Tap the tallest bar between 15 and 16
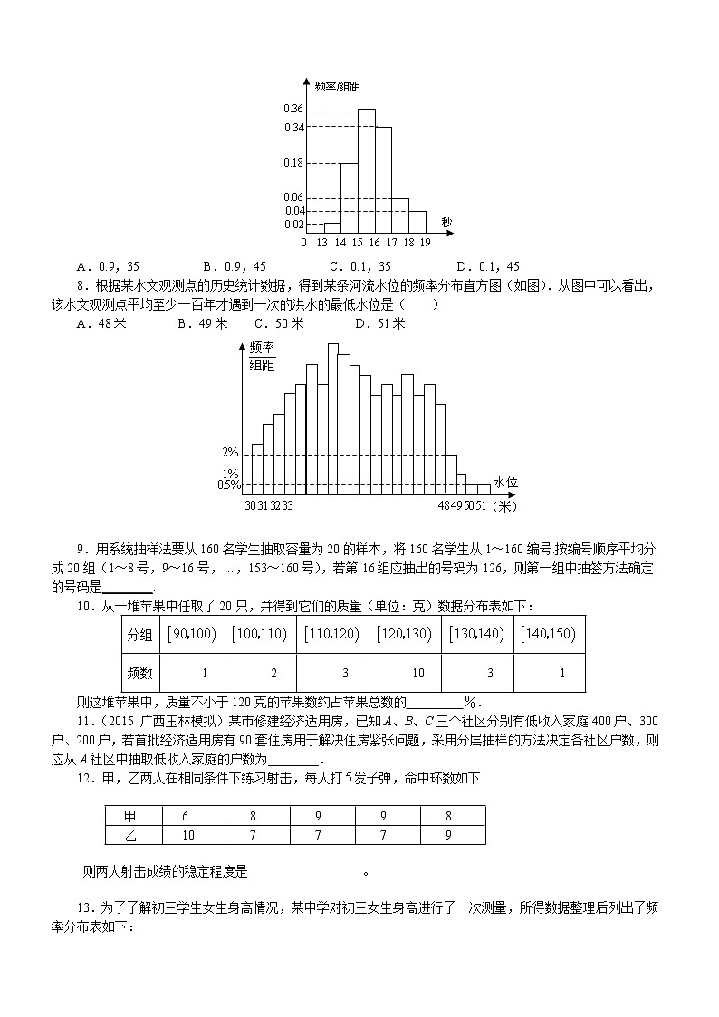click(x=367, y=172)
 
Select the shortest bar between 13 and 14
click(x=331, y=227)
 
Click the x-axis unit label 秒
click(x=446, y=223)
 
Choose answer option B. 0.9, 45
click(x=235, y=266)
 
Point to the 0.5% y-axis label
click(x=228, y=485)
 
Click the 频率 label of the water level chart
click(x=261, y=349)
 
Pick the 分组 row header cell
click(x=139, y=635)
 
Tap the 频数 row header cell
click(x=139, y=673)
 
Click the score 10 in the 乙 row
click(x=188, y=834)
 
